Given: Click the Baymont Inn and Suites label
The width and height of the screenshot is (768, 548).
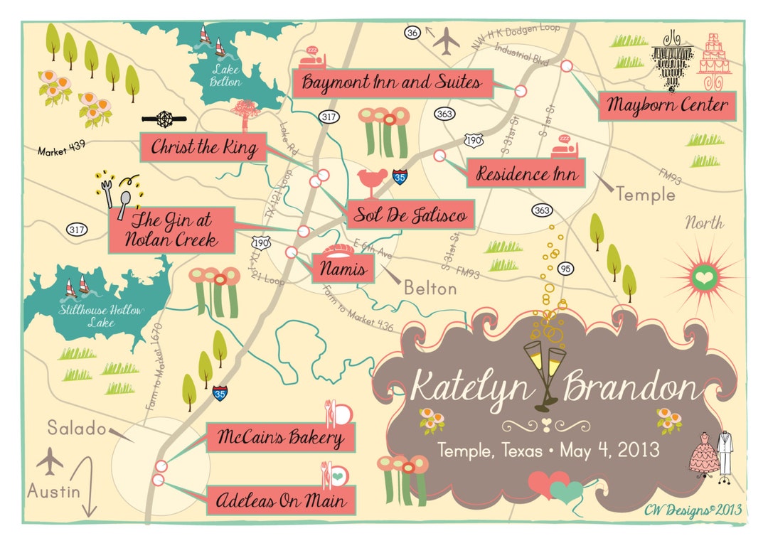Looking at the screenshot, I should (392, 83).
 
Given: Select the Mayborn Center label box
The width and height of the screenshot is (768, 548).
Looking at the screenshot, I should (667, 106).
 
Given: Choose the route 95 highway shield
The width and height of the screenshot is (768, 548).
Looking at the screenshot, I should (566, 269).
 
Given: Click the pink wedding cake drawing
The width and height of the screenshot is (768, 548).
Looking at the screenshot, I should (715, 55).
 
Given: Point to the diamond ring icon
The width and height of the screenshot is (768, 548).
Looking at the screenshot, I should (163, 119).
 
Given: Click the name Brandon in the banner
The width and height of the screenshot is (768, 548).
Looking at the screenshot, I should (629, 389).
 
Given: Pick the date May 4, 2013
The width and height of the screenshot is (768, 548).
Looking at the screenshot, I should (609, 450).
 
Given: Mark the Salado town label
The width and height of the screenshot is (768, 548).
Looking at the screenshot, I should (77, 428).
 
